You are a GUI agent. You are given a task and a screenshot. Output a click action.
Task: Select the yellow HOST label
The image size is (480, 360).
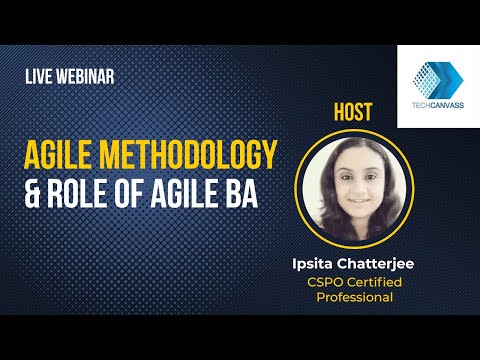(349, 113)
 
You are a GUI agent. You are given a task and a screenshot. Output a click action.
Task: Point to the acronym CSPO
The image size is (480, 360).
(327, 283)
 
